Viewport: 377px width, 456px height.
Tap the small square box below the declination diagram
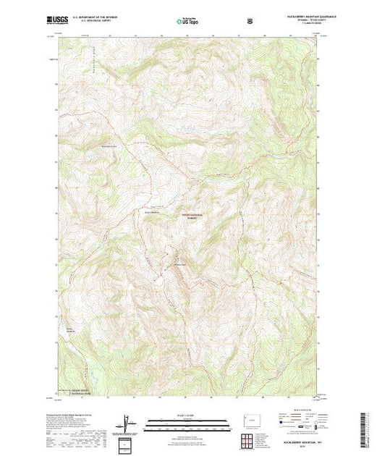tap(128, 444)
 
